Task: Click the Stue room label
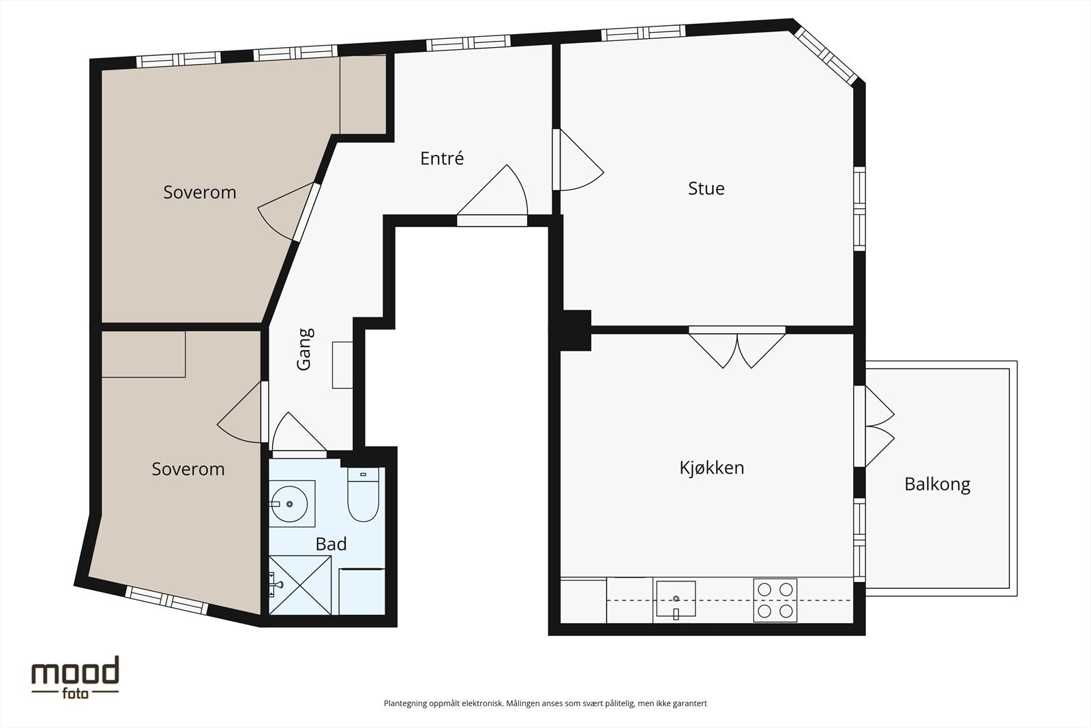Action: coord(706,188)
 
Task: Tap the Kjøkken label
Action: coord(711,468)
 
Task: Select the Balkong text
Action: coord(937,484)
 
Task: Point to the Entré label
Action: coord(442,158)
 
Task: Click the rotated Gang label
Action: coord(305,349)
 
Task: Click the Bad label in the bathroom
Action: coord(331,544)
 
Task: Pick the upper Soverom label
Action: coord(200,192)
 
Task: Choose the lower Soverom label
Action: coord(188,469)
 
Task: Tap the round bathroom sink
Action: coord(289,504)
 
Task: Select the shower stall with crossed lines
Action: coord(300,585)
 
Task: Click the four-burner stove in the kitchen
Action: coord(775,600)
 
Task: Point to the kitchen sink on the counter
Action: coord(675,598)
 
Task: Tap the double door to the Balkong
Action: coord(876,427)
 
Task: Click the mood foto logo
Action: coord(75,675)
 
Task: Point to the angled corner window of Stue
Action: coord(826,56)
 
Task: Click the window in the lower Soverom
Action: coord(168,601)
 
